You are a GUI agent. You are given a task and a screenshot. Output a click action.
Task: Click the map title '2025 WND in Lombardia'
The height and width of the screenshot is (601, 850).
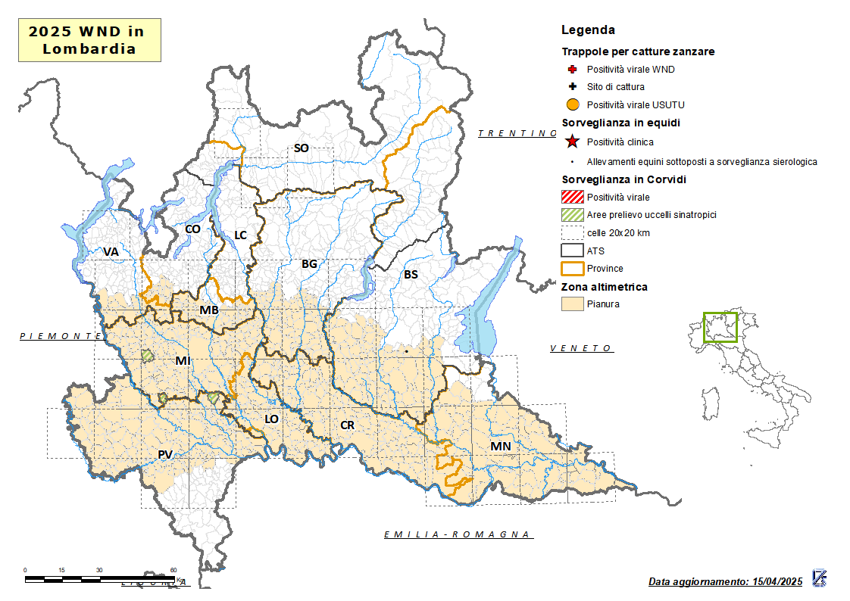tap(89, 40)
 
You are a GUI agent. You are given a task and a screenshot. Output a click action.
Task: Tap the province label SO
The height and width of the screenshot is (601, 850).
tap(301, 148)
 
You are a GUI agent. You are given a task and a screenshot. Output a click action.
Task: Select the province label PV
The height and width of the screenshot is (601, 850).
tap(165, 454)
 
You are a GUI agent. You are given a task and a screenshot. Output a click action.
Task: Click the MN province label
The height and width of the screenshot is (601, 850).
tap(500, 446)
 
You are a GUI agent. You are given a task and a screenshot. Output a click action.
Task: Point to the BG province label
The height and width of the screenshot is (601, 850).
tap(309, 264)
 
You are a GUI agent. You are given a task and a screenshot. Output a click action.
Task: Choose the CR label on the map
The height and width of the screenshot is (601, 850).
tap(347, 425)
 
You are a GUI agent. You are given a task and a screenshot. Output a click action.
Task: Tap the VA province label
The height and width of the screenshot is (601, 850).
tap(111, 251)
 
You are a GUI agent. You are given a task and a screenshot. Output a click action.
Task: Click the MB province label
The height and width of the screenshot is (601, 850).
tap(209, 310)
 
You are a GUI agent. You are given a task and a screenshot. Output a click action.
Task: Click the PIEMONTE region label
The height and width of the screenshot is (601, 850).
tap(61, 335)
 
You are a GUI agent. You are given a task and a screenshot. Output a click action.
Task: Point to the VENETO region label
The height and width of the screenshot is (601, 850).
tap(581, 348)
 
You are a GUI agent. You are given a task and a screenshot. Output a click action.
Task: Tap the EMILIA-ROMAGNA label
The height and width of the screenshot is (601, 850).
tap(457, 534)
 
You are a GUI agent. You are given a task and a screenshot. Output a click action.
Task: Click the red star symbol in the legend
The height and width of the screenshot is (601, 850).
tap(573, 142)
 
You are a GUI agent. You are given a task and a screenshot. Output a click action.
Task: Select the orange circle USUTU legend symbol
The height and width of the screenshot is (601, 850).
tap(573, 104)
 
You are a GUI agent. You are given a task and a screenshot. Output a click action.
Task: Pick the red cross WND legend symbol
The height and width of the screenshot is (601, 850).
tap(573, 70)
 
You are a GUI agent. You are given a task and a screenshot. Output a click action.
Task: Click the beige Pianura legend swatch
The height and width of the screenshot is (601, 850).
tap(572, 304)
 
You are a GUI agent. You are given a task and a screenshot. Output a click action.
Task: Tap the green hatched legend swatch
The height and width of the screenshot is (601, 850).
tap(572, 215)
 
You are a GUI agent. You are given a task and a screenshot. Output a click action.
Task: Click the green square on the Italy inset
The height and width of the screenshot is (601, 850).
tap(720, 327)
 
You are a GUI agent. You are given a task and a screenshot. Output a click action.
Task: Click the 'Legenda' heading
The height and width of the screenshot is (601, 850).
tap(588, 30)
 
